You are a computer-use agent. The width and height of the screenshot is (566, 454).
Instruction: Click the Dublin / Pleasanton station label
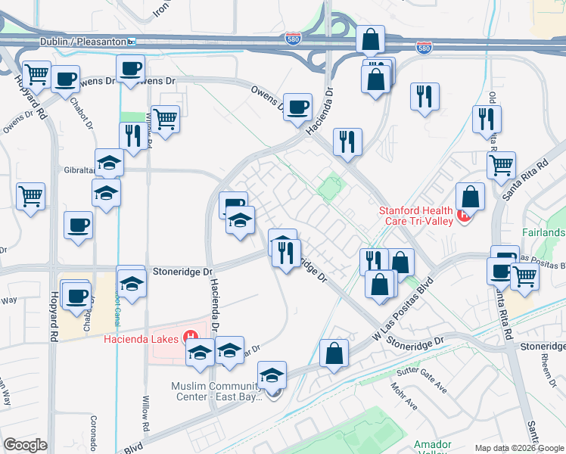86,42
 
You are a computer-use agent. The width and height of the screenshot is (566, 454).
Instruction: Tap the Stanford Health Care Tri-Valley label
416,216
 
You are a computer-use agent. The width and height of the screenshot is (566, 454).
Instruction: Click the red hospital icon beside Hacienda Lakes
191,337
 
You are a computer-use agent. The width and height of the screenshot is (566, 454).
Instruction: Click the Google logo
26,444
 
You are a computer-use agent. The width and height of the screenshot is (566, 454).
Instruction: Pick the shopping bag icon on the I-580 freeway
371,39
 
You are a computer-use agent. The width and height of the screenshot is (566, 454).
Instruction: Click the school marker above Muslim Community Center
272,375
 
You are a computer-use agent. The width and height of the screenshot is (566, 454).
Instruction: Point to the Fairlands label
543,232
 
